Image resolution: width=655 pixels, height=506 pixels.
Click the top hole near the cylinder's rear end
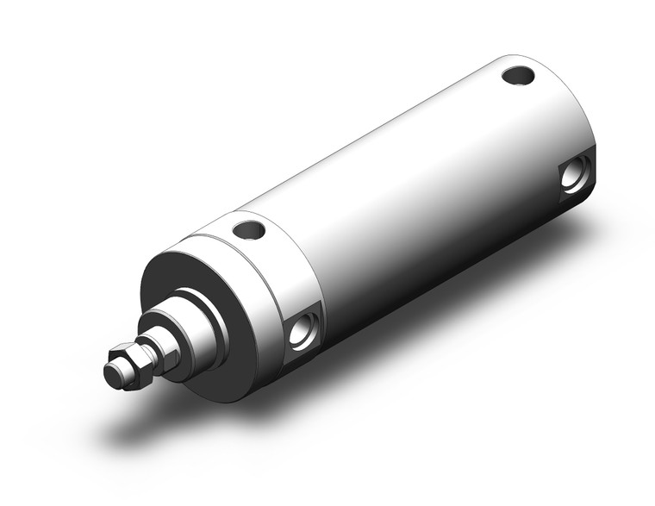click(x=518, y=76)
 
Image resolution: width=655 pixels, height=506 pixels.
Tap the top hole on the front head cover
click(x=248, y=230)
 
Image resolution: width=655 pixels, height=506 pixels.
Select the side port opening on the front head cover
click(x=303, y=332)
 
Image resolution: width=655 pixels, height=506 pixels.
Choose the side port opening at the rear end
click(x=575, y=175)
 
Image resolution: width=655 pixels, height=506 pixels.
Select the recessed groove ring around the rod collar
click(x=214, y=315)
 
